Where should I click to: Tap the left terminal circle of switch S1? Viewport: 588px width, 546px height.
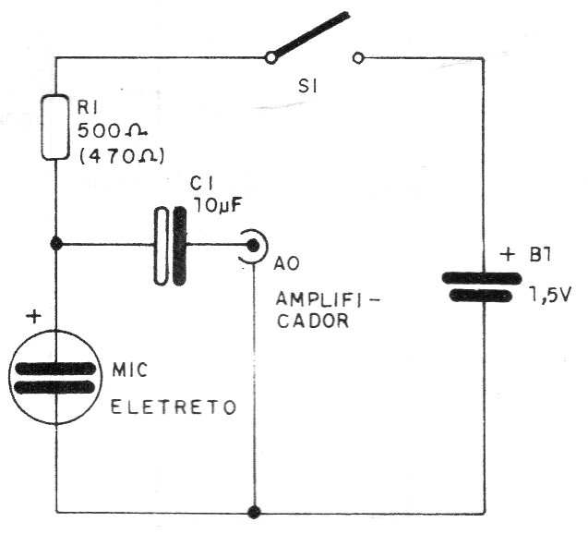270,58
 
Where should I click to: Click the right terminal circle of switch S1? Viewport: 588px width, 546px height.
357,58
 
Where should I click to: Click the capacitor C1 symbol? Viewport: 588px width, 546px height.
171,245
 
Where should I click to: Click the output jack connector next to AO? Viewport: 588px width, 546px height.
251,246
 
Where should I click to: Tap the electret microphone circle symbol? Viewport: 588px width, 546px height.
55,376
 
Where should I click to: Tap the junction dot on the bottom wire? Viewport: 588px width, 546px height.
253,512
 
